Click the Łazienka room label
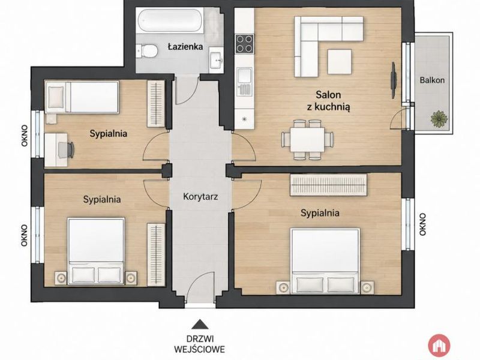coord(185,47)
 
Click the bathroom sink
coord(217,59)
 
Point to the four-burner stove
coord(244,44)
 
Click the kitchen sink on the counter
coord(244,82)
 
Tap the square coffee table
coord(340,62)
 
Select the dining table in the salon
coord(307,140)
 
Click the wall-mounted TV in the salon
coord(394,80)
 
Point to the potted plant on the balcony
coord(439,119)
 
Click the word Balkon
coord(432,80)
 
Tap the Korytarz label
coord(200,197)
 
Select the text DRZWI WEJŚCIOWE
coord(200,344)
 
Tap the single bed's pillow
coord(56,97)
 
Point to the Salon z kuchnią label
coord(328,100)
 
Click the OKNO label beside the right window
coord(423,224)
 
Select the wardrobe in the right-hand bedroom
coord(328,185)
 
